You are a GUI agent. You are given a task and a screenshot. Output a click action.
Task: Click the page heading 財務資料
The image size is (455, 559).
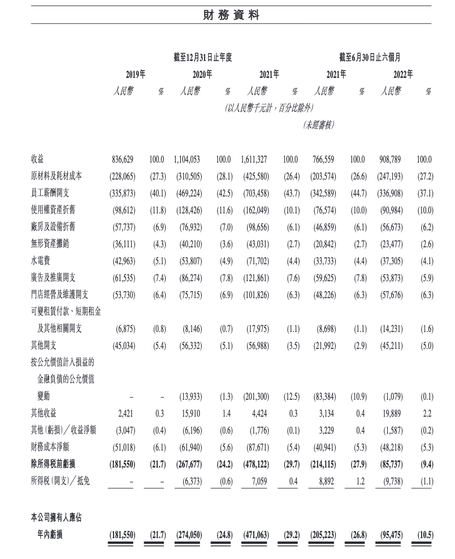[x=227, y=15]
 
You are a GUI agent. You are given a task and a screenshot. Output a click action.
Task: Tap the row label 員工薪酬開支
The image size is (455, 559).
[x=53, y=193]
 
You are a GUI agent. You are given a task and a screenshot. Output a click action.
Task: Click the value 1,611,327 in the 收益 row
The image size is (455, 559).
[x=259, y=160]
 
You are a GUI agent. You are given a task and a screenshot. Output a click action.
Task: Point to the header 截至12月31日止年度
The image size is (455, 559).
[x=203, y=57]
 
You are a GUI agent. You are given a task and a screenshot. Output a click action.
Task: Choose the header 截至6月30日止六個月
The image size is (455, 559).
[x=370, y=57]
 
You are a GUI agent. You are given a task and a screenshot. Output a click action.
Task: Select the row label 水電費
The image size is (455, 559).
[x=41, y=261]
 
